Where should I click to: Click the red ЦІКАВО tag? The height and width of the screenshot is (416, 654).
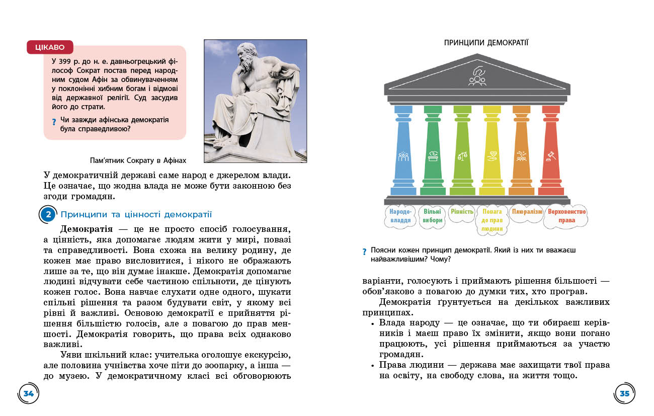50,47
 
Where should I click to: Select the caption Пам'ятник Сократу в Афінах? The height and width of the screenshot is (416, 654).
137,160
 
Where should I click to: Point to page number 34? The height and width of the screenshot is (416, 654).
28,393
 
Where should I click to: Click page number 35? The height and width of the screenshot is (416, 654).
624,393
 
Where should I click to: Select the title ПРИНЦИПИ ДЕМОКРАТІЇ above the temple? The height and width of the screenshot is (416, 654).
486,43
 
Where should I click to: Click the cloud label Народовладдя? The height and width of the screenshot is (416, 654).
400,216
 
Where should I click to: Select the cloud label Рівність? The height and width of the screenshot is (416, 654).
462,212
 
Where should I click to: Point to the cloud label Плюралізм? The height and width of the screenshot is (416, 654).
527,212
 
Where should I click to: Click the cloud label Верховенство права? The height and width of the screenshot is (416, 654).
566,216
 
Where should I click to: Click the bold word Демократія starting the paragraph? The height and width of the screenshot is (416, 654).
87,229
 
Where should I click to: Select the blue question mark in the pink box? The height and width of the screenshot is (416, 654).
54,122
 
